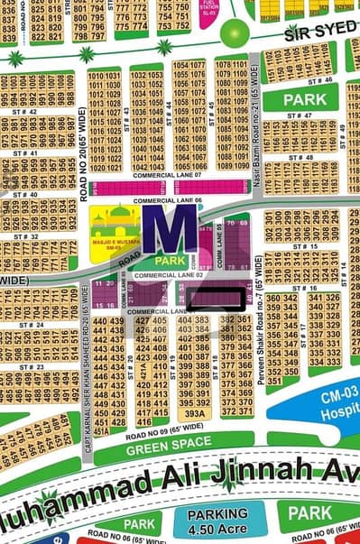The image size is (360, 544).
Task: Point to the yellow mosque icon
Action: pyautogui.click(x=115, y=229)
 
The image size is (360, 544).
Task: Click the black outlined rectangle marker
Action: pyautogui.click(x=215, y=296)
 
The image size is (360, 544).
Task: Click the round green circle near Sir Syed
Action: pyautogui.click(x=234, y=34)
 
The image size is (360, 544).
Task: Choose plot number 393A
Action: pyautogui.click(x=198, y=414)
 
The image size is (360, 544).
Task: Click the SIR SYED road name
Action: pyautogui.click(x=320, y=35)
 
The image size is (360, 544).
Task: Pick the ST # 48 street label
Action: pyautogui.click(x=302, y=158)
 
